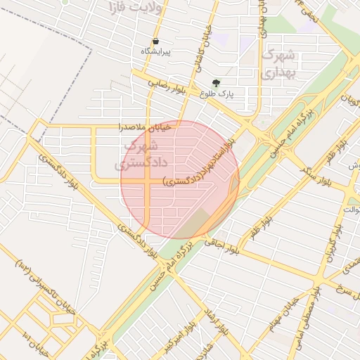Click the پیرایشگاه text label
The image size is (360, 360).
(x=155, y=52)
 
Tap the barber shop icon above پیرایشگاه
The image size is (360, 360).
(x=155, y=41)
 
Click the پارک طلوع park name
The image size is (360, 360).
(x=217, y=93)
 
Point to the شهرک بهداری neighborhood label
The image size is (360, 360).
(x=275, y=63)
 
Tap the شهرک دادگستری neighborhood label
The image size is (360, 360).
(x=141, y=155)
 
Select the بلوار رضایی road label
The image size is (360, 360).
(x=169, y=86)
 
